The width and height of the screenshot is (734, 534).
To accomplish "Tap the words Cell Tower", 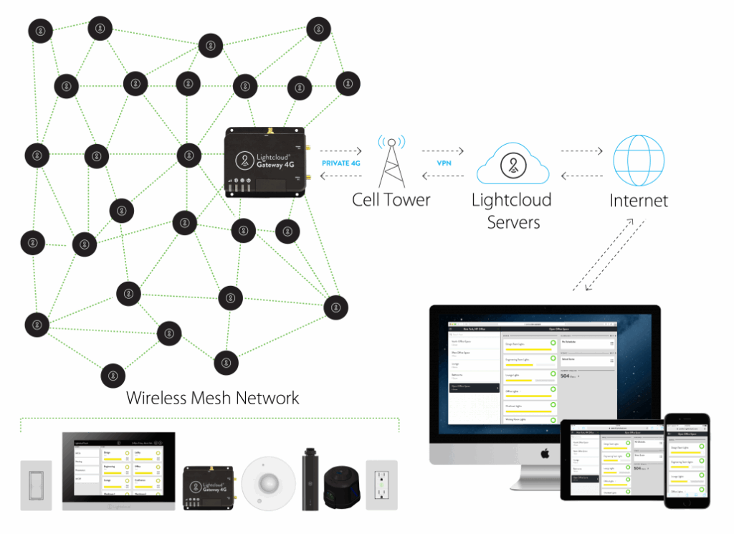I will (391, 199).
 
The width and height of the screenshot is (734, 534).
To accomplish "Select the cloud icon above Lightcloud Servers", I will (512, 166).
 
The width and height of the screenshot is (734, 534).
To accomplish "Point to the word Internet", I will (639, 200).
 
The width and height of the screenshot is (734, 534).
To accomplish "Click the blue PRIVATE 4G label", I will (341, 163).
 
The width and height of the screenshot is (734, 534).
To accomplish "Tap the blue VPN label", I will (444, 163).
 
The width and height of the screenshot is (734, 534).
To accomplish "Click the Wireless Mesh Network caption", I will (213, 398).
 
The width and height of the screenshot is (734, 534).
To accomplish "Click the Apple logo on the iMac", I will (544, 453).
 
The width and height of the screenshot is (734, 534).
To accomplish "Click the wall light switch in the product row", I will (36, 485).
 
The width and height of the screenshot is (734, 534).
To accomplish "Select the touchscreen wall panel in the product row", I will (118, 471).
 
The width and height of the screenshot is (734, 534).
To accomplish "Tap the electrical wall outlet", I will (381, 485).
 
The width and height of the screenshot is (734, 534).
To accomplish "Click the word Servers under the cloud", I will (513, 222).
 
